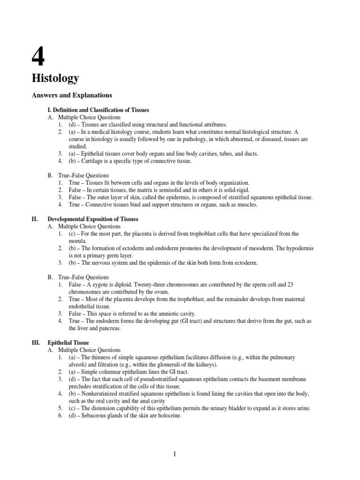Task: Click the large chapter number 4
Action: click(38, 55)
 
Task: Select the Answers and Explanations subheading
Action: click(72, 95)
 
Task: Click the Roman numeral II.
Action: click(34, 219)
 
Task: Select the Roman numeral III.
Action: click(36, 343)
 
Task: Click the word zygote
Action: click(105, 285)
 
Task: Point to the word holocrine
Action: click(167, 415)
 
